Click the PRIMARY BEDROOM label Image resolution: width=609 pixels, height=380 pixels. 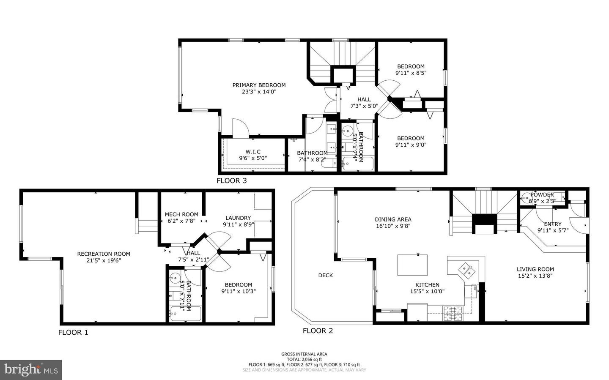coord(259,85)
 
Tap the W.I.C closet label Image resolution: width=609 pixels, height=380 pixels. coord(253,152)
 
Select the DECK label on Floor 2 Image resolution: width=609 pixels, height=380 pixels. coord(325,275)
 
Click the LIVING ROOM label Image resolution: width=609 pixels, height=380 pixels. coord(535,269)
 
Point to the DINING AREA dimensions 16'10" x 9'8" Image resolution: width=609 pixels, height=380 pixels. coord(393,226)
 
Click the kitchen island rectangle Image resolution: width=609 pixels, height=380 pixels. coord(412,265)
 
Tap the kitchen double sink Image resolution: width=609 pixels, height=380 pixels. coord(467,269)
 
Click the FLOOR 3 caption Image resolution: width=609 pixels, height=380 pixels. coord(231,181)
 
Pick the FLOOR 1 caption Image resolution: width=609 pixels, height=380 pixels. coord(73,332)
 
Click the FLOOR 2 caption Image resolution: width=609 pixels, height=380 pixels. coord(318,331)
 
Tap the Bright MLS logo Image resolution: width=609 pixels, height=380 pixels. coord(31,370)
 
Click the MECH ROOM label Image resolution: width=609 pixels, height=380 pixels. coord(181,214)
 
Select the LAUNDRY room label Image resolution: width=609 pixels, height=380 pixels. coord(238,218)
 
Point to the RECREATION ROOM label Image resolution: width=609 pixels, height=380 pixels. coord(104,254)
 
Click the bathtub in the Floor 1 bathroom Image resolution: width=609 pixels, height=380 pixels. coord(185,314)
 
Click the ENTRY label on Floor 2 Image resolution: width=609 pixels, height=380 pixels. coord(553,224)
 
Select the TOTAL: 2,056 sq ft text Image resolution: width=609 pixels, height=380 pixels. coord(304,359)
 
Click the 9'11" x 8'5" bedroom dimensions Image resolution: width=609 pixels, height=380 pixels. coord(411,73)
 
